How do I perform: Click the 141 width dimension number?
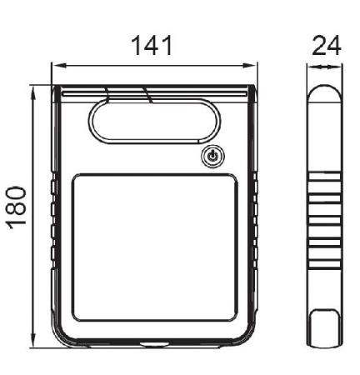tap(152, 45)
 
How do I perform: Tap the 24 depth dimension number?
tap(327, 45)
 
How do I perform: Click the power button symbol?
tap(212, 157)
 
